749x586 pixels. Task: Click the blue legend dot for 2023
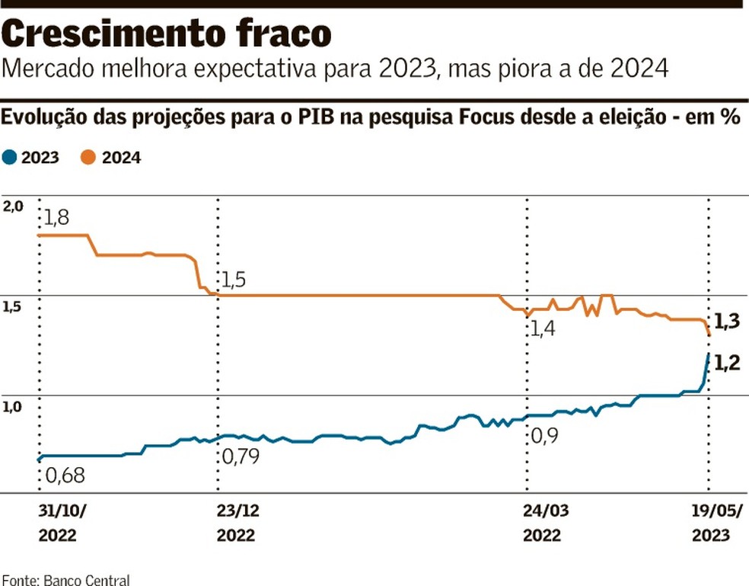[9, 158]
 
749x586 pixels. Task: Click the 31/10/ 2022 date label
[58, 523]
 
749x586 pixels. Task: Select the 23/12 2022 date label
[237, 523]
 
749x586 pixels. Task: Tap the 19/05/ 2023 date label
[710, 523]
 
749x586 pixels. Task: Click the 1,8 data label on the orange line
[56, 217]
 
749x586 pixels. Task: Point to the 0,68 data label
[65, 476]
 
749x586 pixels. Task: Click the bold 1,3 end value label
[728, 322]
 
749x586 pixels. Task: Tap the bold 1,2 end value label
[728, 363]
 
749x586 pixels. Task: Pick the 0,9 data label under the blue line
[543, 437]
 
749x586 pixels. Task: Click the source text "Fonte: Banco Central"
[65, 579]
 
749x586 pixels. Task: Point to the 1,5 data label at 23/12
[235, 280]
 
